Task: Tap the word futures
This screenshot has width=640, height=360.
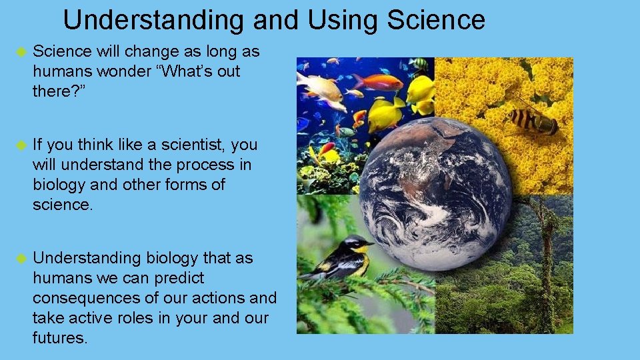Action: (59, 338)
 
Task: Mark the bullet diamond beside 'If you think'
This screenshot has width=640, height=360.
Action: (20, 145)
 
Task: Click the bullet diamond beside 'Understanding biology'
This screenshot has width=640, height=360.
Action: (20, 259)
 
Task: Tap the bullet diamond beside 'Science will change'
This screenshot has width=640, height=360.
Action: (20, 52)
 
